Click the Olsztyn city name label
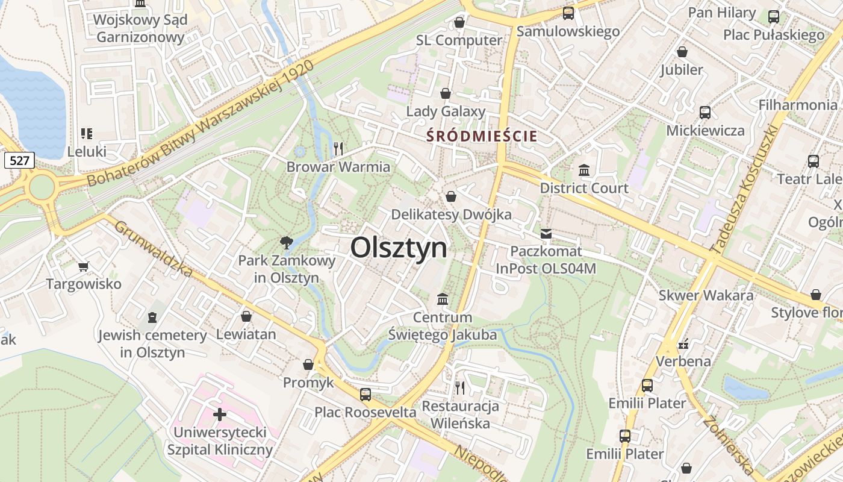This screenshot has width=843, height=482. [399, 248]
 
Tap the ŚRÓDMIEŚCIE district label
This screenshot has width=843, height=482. [482, 136]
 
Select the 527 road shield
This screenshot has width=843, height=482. [19, 160]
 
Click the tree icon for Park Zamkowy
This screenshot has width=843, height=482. [286, 243]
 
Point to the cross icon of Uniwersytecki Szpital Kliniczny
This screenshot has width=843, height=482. [220, 415]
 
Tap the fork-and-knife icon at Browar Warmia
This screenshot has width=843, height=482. [338, 148]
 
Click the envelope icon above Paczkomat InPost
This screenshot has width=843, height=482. [546, 234]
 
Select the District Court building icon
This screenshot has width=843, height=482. [583, 171]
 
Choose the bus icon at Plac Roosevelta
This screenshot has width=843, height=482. [365, 395]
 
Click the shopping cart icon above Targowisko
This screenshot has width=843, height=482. [84, 266]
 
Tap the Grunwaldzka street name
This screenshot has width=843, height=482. [153, 249]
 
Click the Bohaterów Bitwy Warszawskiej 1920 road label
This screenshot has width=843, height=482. [201, 124]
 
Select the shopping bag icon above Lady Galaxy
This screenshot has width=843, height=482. [446, 93]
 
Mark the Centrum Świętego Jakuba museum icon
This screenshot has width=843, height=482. [443, 299]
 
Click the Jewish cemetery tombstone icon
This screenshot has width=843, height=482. [152, 317]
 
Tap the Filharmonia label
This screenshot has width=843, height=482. [797, 105]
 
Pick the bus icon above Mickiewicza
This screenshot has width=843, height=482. [705, 112]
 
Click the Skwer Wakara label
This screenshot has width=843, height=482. [706, 295]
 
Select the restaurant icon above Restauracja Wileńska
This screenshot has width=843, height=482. [460, 387]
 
